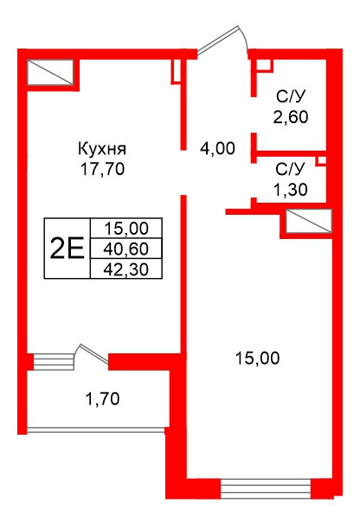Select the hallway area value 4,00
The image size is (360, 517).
[x=217, y=148]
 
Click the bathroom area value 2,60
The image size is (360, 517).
[x=291, y=116]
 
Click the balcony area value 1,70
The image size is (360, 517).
[x=101, y=399]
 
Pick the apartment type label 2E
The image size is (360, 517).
[x=67, y=248]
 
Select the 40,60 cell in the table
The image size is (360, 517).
[x=125, y=248]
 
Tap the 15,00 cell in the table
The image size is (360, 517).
[x=125, y=229]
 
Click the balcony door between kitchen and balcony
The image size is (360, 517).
[x=92, y=355]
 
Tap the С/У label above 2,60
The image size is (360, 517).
[x=290, y=95]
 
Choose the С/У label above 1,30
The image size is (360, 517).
[x=290, y=168]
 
